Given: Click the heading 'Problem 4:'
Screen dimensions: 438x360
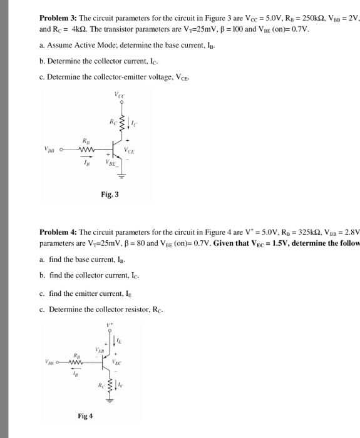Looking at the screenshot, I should tap(58, 231).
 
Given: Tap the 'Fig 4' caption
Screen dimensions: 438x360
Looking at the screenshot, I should tap(86, 415).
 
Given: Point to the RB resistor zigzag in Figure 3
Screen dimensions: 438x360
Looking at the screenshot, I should tap(86, 148).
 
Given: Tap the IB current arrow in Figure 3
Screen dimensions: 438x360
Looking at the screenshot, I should tap(86, 157).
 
